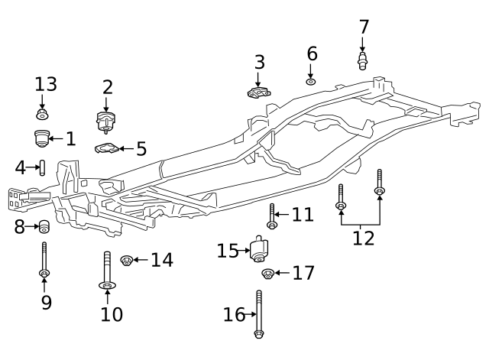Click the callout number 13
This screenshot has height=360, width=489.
tap(45, 85)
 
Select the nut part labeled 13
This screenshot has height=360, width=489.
tap(42, 115)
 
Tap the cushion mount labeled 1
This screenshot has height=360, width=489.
tap(41, 138)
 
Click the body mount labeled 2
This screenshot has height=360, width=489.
tap(106, 121)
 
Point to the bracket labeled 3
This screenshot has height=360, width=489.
tap(259, 92)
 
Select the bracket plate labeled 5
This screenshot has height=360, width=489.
tap(106, 148)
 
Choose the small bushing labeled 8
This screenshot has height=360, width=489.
tap(44, 226)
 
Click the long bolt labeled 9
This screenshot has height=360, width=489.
tap(44, 260)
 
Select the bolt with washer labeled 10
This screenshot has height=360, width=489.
tap(106, 271)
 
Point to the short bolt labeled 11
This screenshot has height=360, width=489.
tap(271, 216)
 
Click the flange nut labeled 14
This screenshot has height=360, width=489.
tap(128, 261)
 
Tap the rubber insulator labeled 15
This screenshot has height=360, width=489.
tap(260, 250)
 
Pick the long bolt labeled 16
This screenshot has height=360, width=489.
tap(260, 313)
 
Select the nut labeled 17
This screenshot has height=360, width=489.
tap(268, 274)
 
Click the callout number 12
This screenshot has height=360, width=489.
tap(363, 238)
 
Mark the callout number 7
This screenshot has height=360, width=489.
tap(364, 28)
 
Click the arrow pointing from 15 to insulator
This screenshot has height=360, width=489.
tap(245, 251)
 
